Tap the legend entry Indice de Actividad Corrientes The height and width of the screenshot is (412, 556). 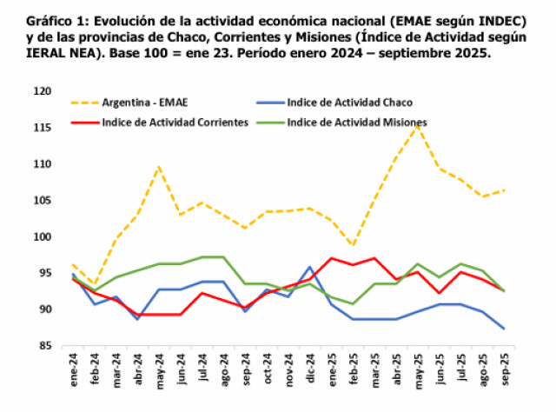tap(175, 122)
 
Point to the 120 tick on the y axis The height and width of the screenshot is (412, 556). tap(41, 91)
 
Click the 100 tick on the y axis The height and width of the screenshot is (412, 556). tap(41, 236)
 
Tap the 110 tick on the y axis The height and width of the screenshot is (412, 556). tap(41, 163)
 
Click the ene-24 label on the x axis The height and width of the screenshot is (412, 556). tap(73, 365)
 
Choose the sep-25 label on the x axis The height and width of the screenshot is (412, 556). tap(504, 365)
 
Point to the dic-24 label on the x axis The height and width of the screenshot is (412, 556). tap(310, 365)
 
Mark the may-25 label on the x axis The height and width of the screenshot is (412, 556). tap(418, 365)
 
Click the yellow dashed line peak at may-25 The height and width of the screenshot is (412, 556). tap(419, 126)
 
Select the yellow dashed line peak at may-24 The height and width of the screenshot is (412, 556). tap(160, 166)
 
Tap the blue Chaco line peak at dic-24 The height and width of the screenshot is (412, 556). tap(310, 267)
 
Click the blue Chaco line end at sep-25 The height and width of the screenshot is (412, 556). tap(505, 329)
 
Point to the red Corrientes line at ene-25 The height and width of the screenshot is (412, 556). tap(332, 258)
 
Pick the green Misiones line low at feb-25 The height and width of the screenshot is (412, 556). tap(354, 303)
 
